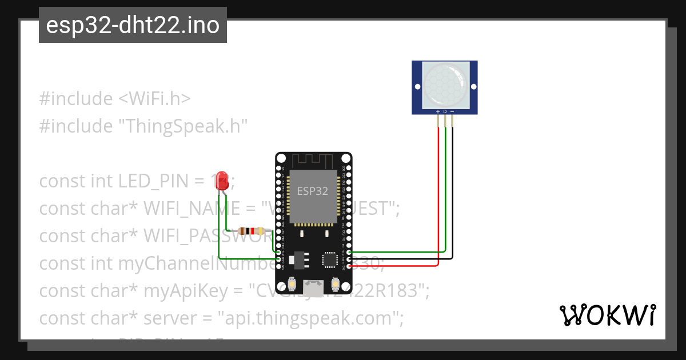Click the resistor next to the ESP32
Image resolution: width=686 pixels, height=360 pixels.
tap(251, 231)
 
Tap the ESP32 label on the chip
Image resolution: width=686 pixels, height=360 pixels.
tap(312, 191)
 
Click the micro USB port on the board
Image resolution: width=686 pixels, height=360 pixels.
tap(313, 284)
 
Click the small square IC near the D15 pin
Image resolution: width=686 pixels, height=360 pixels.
tap(330, 260)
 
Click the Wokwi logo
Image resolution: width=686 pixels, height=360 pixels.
tap(607, 315)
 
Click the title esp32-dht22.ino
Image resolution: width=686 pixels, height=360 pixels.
tap(133, 25)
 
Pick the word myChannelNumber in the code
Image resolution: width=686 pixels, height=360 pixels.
tap(171, 263)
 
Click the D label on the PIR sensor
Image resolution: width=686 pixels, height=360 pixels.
tap(445, 111)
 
